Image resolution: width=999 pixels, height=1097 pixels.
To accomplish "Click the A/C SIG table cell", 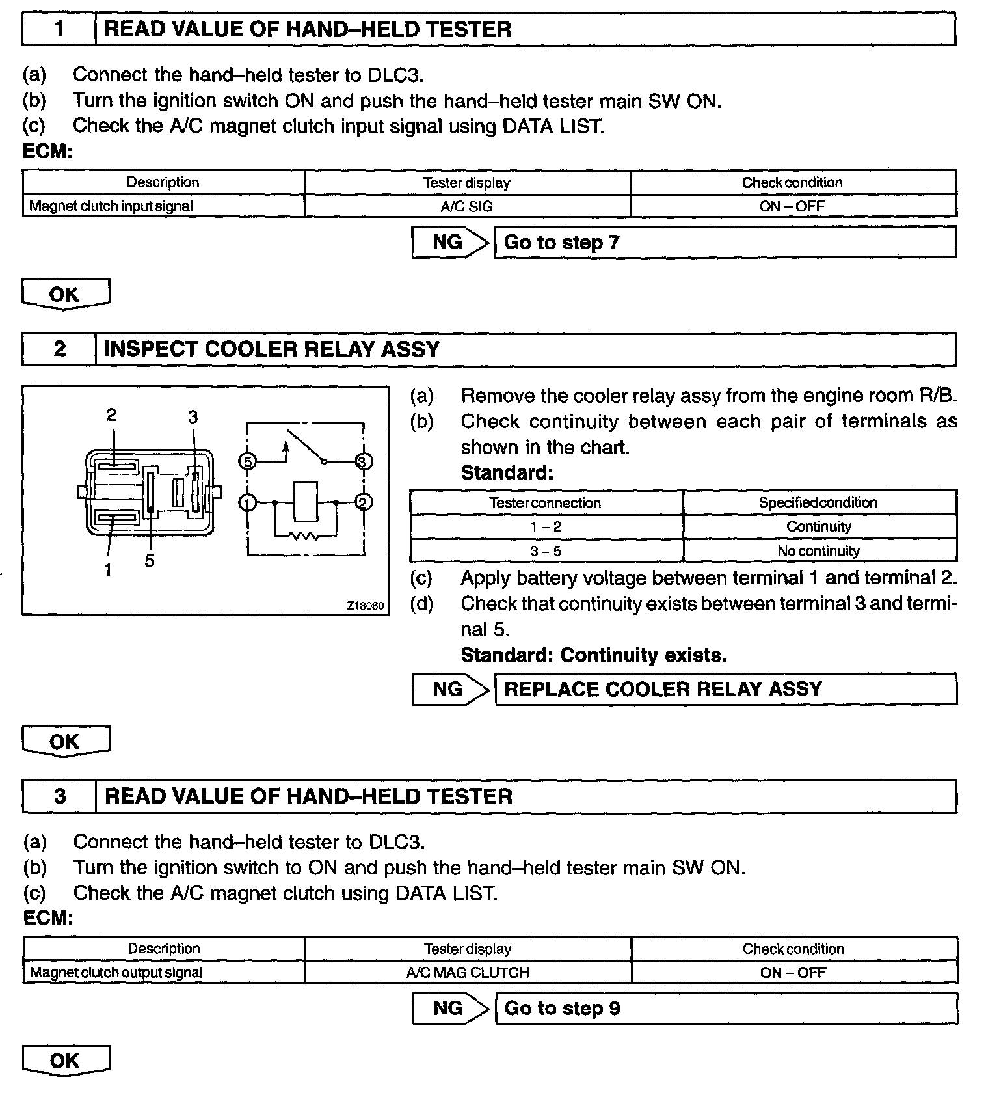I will click(467, 206).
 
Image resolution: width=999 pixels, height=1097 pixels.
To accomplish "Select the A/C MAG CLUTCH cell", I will click(468, 973).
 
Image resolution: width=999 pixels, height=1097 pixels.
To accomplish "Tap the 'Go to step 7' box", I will click(725, 243).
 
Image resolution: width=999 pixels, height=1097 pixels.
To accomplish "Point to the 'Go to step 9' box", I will click(726, 1009).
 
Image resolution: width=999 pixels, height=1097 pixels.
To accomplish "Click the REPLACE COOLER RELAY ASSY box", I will click(726, 690).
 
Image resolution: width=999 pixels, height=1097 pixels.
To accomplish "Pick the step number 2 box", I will click(59, 349).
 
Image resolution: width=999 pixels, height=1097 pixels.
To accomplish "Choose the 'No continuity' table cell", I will click(819, 551).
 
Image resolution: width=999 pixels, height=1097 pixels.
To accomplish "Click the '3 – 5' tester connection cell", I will click(546, 551).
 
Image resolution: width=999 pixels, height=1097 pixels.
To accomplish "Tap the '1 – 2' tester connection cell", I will click(546, 527).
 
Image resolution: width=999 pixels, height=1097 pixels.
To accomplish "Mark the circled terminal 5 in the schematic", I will click(247, 461).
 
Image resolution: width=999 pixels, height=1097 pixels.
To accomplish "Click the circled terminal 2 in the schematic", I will click(364, 502).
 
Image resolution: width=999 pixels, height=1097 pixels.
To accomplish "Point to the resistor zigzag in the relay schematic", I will click(305, 536).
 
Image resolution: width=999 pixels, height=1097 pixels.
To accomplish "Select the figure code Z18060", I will click(366, 606).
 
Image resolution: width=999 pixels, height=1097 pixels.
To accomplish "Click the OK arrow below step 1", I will click(66, 295).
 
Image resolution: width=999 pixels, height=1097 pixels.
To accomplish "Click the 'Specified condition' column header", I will click(819, 503).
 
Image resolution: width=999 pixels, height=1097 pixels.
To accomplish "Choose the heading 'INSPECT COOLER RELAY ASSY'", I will click(272, 349).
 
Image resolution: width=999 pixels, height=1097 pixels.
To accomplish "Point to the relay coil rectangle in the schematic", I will click(305, 502).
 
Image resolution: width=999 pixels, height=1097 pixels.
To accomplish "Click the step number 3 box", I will click(59, 796).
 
